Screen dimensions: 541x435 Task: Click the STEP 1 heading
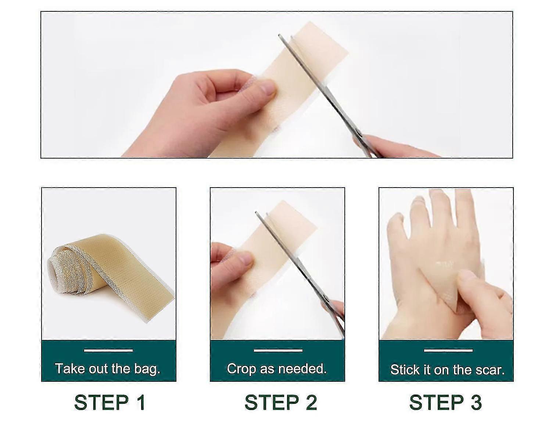(110, 402)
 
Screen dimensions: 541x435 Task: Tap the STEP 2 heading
(280, 402)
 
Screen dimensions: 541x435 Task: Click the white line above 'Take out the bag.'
(108, 350)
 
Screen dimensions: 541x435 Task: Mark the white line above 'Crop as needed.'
(278, 350)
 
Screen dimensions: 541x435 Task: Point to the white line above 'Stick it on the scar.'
(448, 350)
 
